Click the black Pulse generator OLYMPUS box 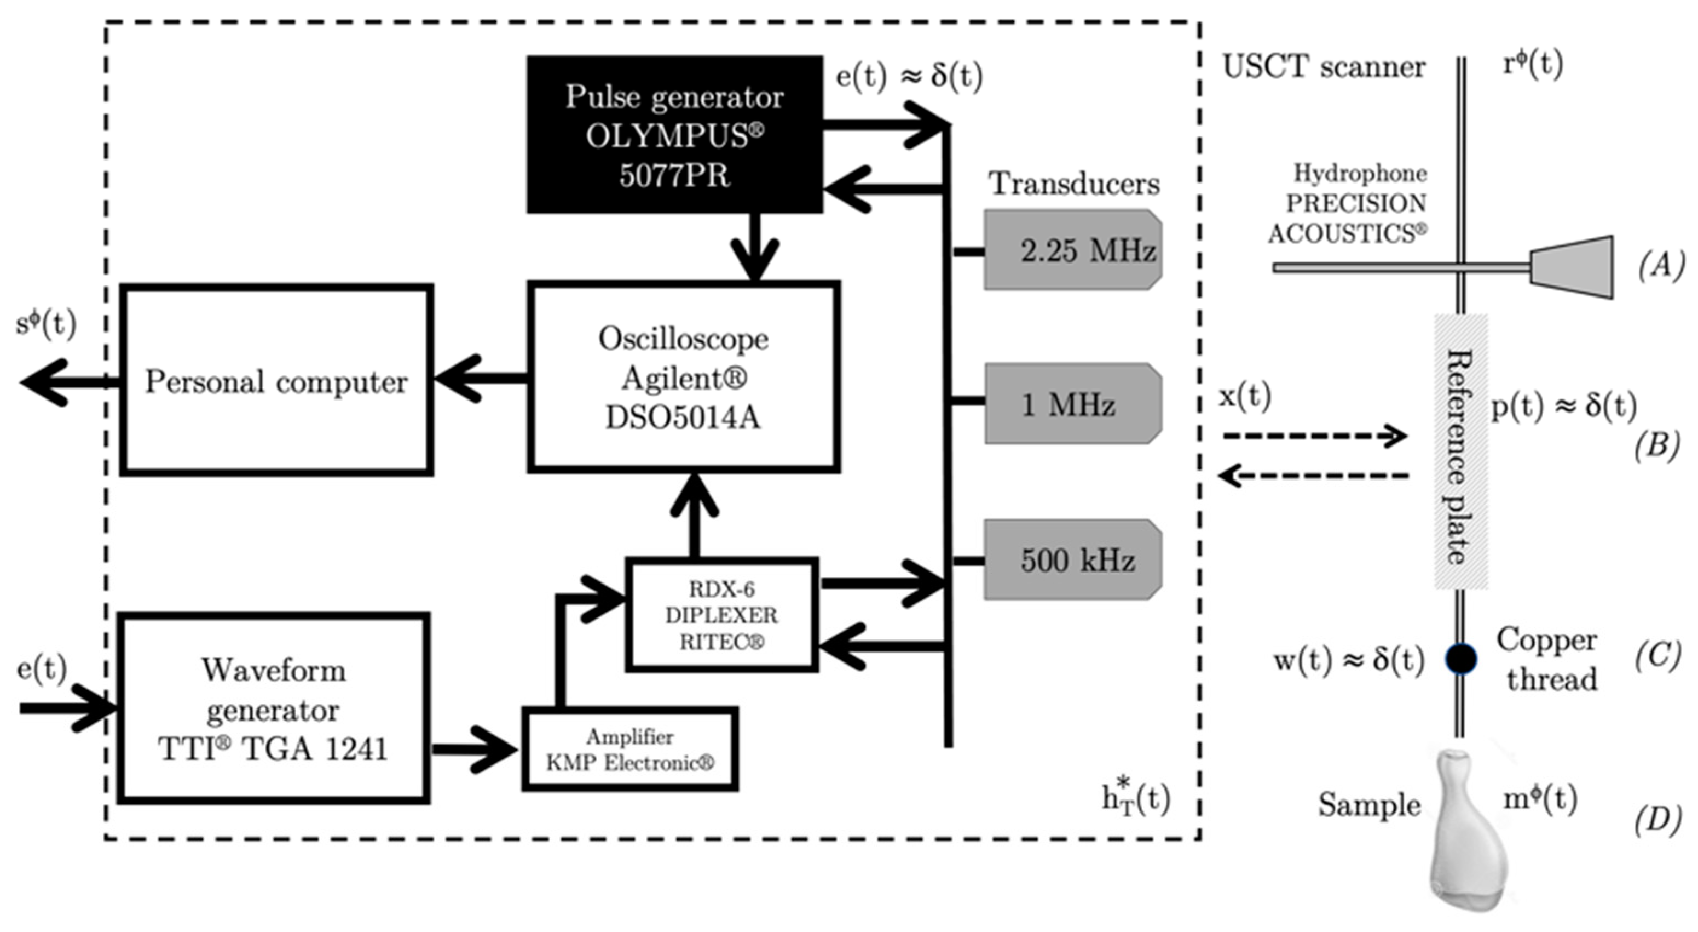point(674,135)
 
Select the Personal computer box point(276,381)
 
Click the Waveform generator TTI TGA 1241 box point(274,708)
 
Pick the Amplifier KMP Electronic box point(630,750)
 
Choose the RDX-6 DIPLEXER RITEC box point(722,615)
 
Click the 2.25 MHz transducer point(1073,250)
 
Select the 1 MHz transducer point(1073,403)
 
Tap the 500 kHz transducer point(1073,560)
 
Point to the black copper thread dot point(1460,658)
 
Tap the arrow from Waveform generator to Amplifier point(475,750)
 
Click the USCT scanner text point(1324,67)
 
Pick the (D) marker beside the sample point(1656,820)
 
